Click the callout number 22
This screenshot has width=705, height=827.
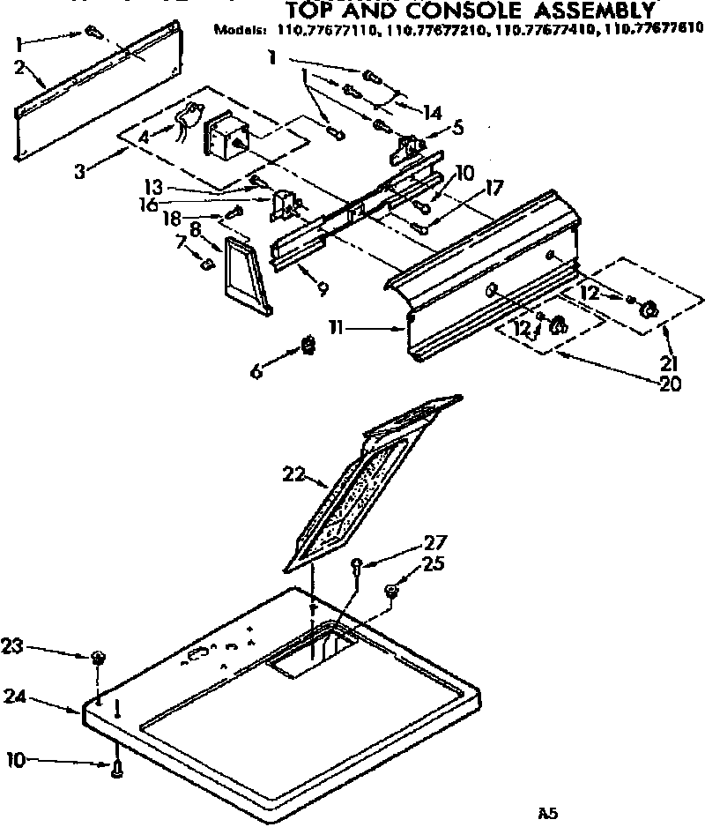293,475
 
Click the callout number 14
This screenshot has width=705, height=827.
431,112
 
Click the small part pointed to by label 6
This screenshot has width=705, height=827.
308,343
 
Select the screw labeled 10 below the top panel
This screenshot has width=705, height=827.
118,770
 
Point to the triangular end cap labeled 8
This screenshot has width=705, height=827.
246,276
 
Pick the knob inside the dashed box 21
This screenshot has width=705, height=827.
650,309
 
